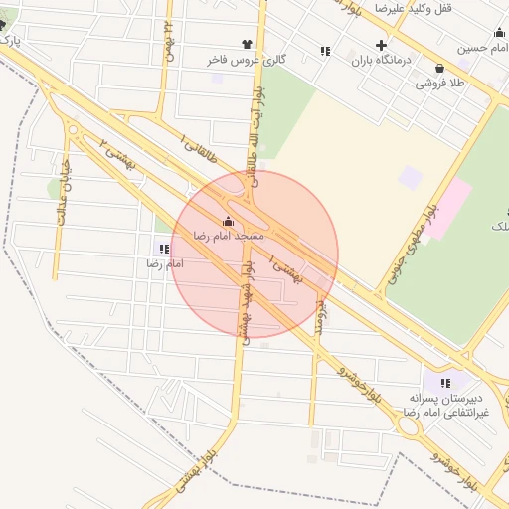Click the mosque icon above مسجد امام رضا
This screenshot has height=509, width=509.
click(x=230, y=222)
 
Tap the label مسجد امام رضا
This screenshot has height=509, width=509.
click(x=230, y=237)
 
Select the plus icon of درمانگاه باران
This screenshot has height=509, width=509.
click(x=381, y=45)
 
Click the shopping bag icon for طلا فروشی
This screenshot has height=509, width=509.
click(x=439, y=68)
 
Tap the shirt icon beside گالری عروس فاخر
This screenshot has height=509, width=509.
click(x=218, y=45)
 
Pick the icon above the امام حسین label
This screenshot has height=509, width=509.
click(x=498, y=32)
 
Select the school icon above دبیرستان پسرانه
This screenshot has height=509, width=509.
click(x=445, y=383)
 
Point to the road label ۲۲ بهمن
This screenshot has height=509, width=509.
click(x=170, y=42)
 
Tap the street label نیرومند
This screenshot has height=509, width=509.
click(x=320, y=312)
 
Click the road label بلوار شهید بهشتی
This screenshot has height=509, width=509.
click(x=245, y=298)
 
